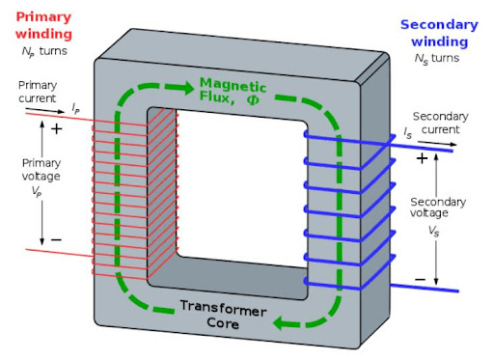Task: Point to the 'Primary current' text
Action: tap(38, 92)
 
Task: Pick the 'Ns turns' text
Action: tap(439, 61)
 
